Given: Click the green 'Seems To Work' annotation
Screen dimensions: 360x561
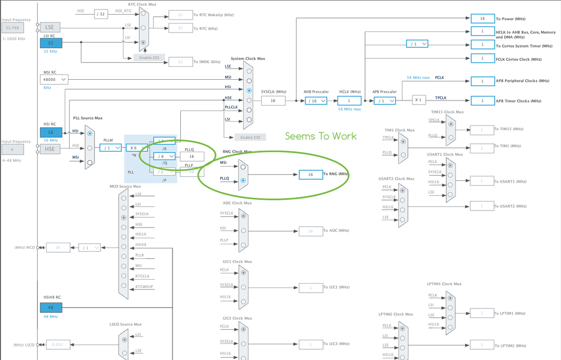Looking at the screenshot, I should coord(321,136).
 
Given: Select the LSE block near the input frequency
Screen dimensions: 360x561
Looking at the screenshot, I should coord(51,27).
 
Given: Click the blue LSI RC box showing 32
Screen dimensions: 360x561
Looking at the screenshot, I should coord(51,43).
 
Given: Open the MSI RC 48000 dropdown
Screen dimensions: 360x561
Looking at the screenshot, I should coord(55,80).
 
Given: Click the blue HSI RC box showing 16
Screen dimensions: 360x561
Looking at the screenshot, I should coord(51,133).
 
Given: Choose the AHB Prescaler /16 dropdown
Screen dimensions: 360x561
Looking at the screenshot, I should coord(316,101).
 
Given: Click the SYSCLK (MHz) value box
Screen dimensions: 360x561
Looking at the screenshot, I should coord(273,101).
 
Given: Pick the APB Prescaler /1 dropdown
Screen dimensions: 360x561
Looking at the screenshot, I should coord(385,101).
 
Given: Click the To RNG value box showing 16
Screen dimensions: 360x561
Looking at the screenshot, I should coord(311,175).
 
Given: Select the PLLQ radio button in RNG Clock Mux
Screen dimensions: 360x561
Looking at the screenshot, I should coord(243,180).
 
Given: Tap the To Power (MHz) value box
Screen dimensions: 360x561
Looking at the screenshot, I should coord(482,19).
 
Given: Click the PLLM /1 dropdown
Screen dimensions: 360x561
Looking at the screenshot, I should coord(111,148).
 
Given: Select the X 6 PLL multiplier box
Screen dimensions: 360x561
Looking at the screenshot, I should coord(136,148).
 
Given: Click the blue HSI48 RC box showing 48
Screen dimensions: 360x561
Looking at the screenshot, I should coord(51,307).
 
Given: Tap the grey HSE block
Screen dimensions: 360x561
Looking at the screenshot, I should coord(51,149).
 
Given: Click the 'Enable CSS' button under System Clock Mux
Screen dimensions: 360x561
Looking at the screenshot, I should coord(250,137).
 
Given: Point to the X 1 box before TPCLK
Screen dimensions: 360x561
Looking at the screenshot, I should coord(418,100).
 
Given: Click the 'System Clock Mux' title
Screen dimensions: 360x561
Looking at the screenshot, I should coord(248,58).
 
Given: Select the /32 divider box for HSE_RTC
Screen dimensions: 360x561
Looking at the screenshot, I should coord(101,14).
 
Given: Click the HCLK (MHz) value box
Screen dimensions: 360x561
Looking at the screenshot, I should coord(349,101).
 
